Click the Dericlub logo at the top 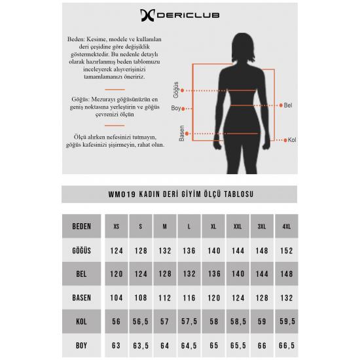pyautogui.click(x=180, y=16)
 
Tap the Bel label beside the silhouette pyautogui.click(x=288, y=105)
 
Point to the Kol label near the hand pyautogui.click(x=292, y=140)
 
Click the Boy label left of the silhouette pyautogui.click(x=176, y=108)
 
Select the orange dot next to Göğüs pyautogui.click(x=182, y=91)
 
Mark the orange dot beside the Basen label pyautogui.click(x=187, y=134)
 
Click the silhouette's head pyautogui.click(x=243, y=48)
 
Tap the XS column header pyautogui.click(x=117, y=226)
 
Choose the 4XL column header pyautogui.click(x=287, y=226)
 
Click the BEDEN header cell pyautogui.click(x=82, y=226)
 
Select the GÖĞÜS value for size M pyautogui.click(x=165, y=251)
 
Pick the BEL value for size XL pyautogui.click(x=214, y=274)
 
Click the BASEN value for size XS pyautogui.click(x=117, y=298)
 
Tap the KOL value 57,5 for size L pyautogui.click(x=189, y=321)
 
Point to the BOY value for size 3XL pyautogui.click(x=262, y=346)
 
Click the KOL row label pyautogui.click(x=82, y=321)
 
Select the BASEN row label pyautogui.click(x=82, y=298)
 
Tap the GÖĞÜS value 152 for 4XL pyautogui.click(x=287, y=251)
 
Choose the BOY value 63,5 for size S pyautogui.click(x=141, y=346)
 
